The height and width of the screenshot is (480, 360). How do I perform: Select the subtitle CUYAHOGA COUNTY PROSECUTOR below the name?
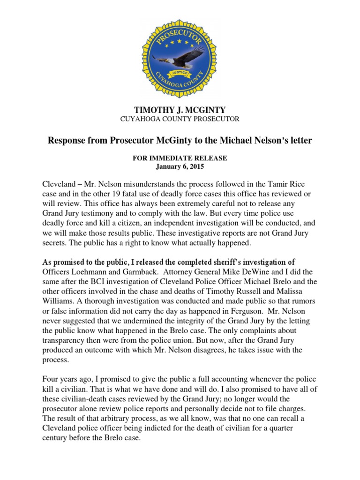click(x=180, y=119)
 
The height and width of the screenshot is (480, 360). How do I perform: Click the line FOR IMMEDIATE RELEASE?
click(x=180, y=158)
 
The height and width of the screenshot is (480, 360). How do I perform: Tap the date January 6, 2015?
click(x=180, y=166)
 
